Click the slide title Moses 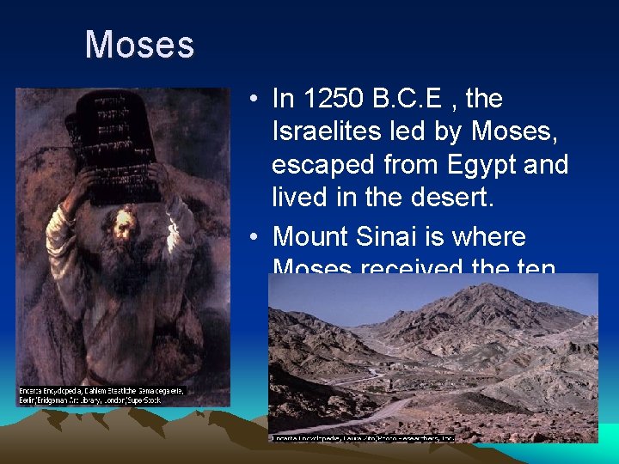139,45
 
